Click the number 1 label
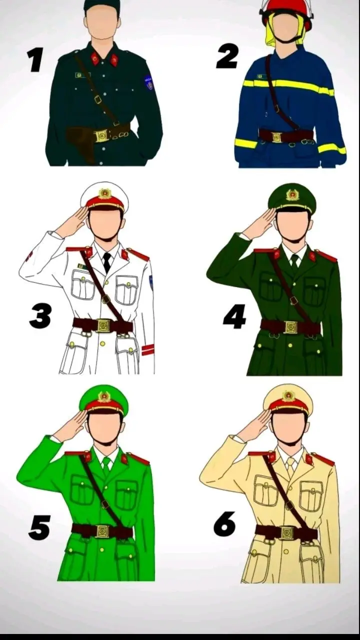pos(35,60)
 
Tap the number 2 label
pos(227,56)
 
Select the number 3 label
pos(40,317)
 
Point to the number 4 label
pos(234,317)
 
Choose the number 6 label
pos(225,524)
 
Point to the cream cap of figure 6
pos(288,398)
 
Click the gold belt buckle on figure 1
pos(102,135)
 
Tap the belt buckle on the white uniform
pos(103,325)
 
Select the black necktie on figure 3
pos(107,261)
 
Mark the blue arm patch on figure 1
pos(149,82)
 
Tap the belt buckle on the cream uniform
pos(287,533)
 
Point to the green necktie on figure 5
pos(106,466)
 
